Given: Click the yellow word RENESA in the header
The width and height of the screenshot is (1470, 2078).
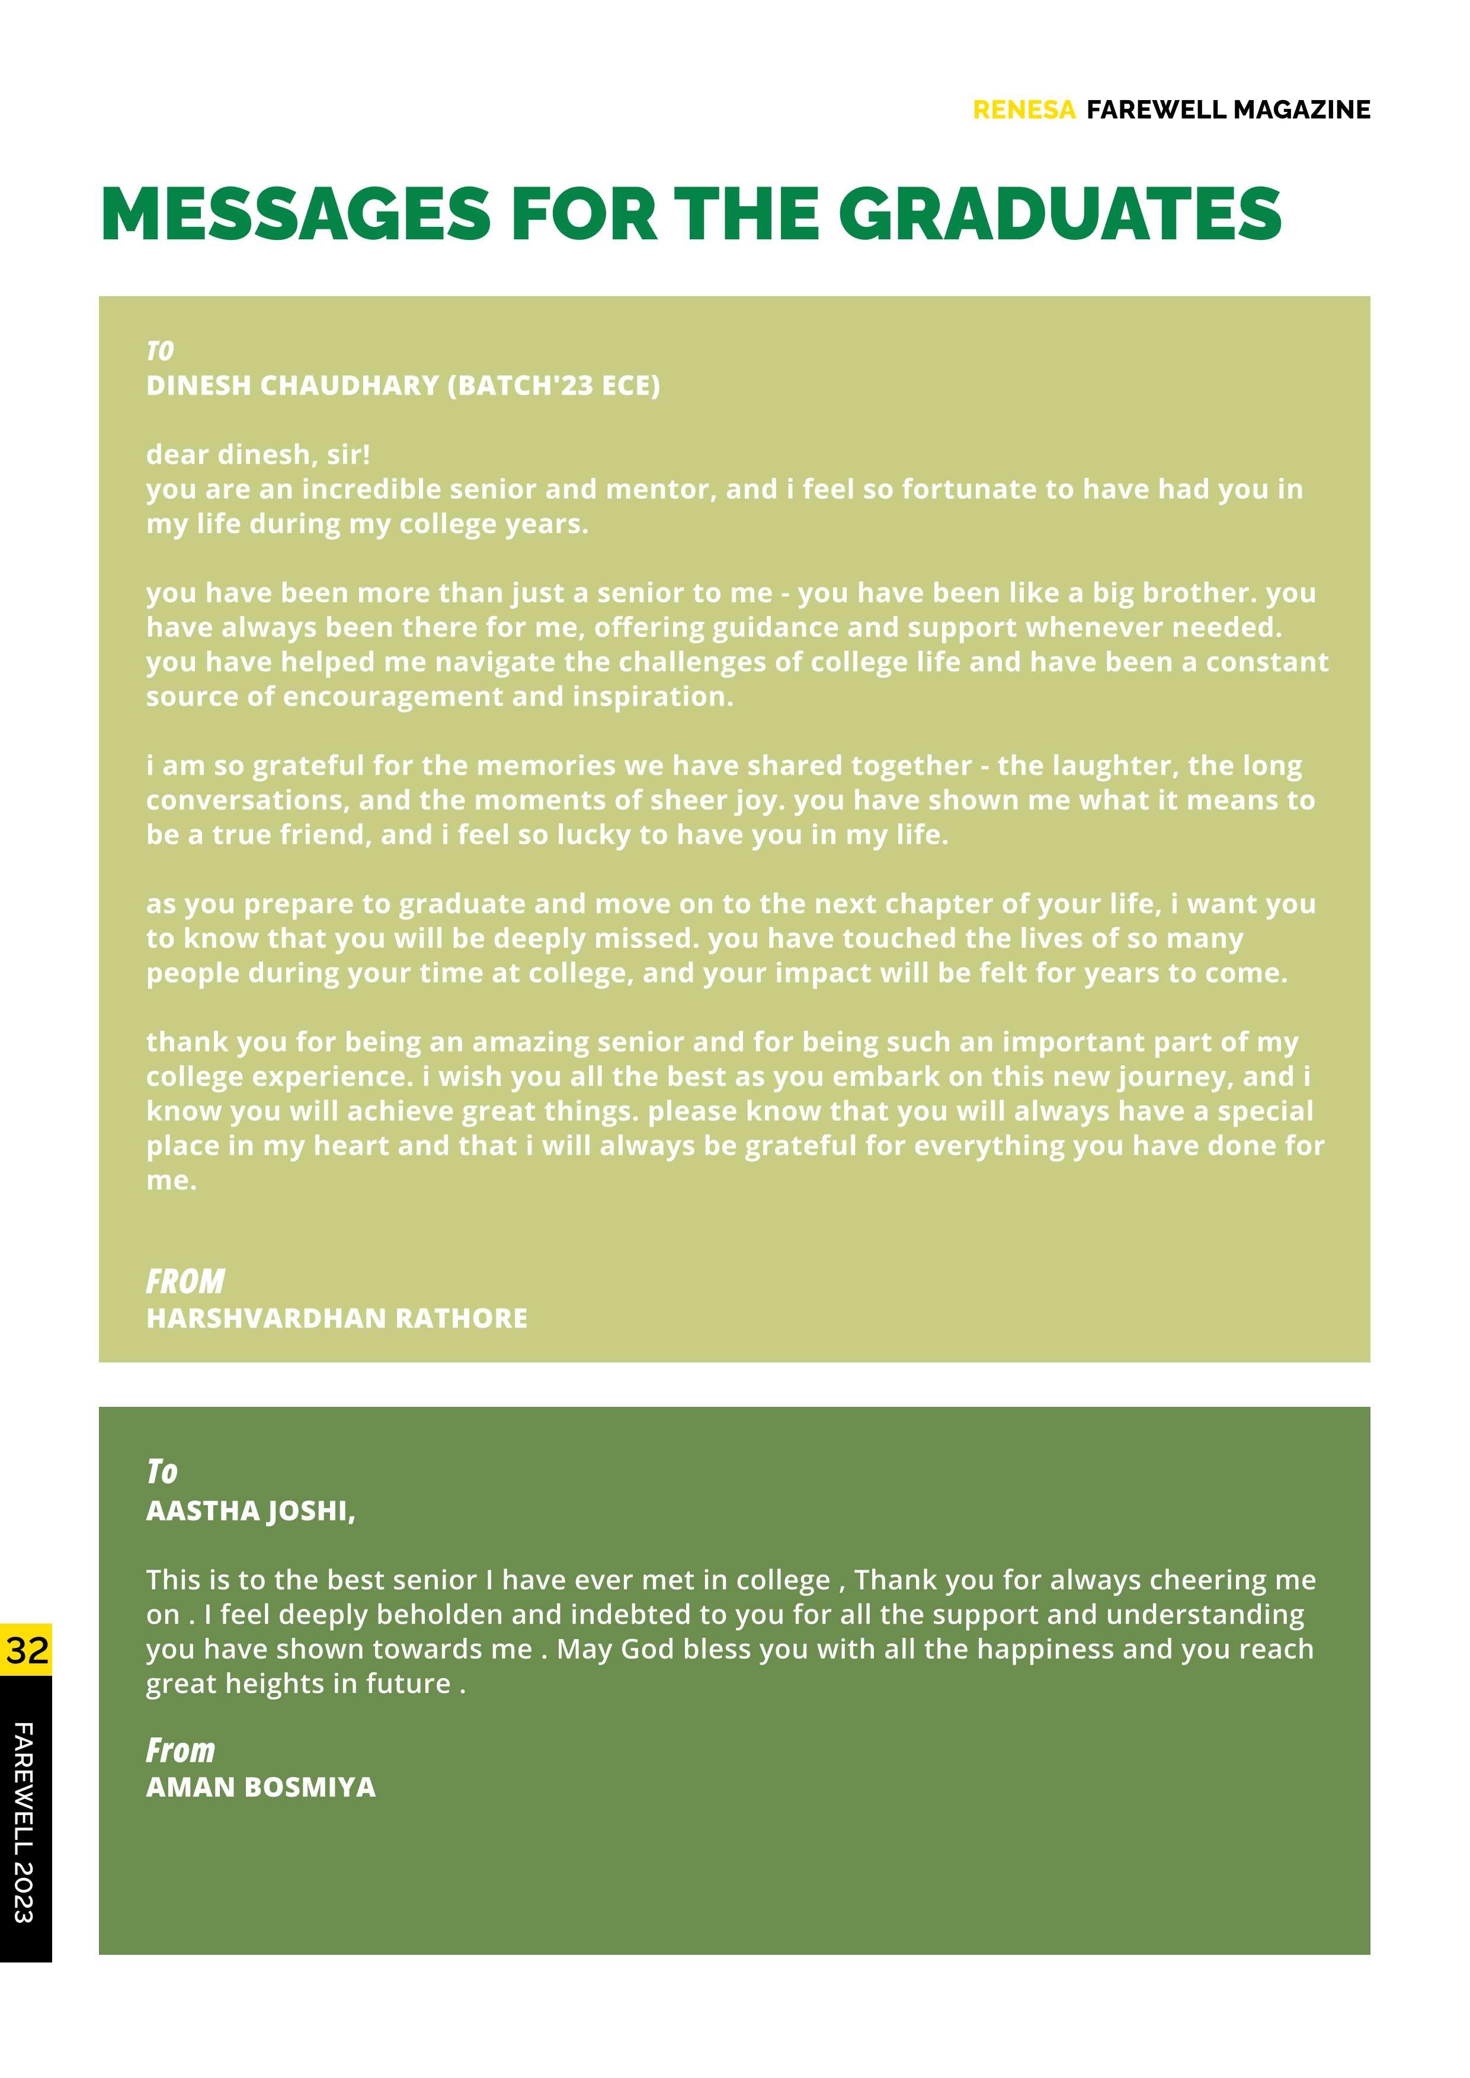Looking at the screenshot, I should (1024, 110).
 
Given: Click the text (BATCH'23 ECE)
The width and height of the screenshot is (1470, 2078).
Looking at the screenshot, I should (554, 386).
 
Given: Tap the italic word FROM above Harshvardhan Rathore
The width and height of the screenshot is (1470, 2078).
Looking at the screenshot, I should (185, 1281).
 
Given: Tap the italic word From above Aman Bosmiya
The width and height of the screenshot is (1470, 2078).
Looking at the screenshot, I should (181, 1750).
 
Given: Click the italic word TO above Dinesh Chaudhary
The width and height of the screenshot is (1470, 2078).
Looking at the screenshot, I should (160, 351).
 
